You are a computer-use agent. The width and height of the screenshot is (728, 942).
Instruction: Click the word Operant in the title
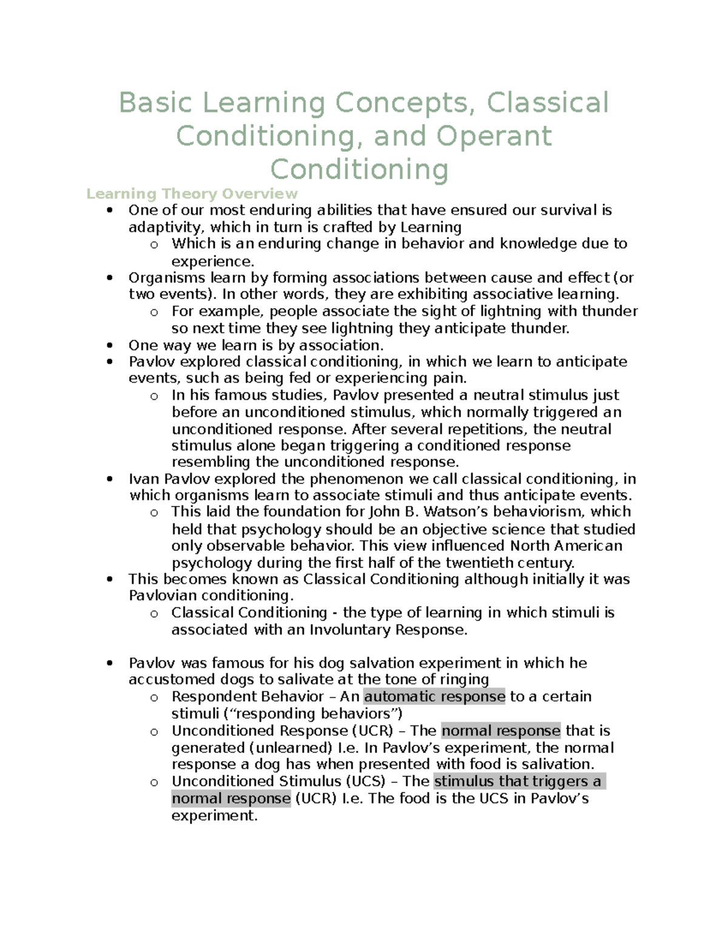494,136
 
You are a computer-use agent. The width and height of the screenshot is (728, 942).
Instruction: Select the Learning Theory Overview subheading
192,194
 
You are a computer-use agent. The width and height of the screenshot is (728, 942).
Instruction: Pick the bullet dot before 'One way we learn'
109,346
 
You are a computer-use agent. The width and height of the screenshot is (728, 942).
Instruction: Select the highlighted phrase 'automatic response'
434,696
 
